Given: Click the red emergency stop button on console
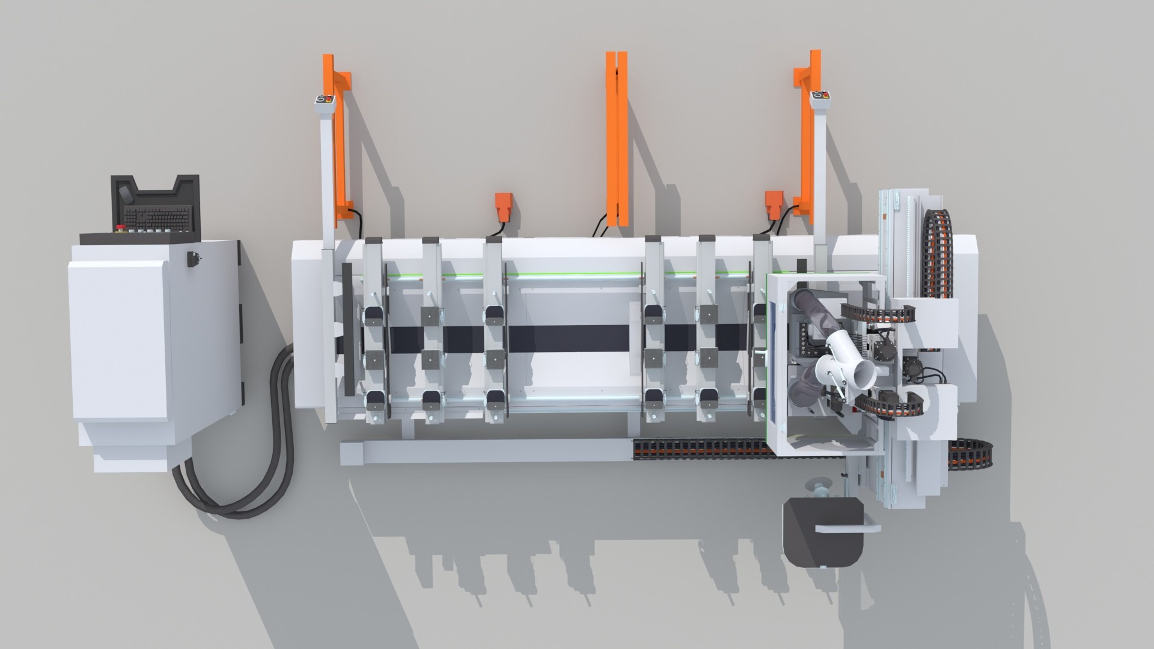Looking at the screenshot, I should pyautogui.click(x=120, y=228).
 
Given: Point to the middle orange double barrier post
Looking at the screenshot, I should pyautogui.click(x=617, y=135).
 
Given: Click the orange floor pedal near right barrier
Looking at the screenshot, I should pyautogui.click(x=772, y=204).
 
